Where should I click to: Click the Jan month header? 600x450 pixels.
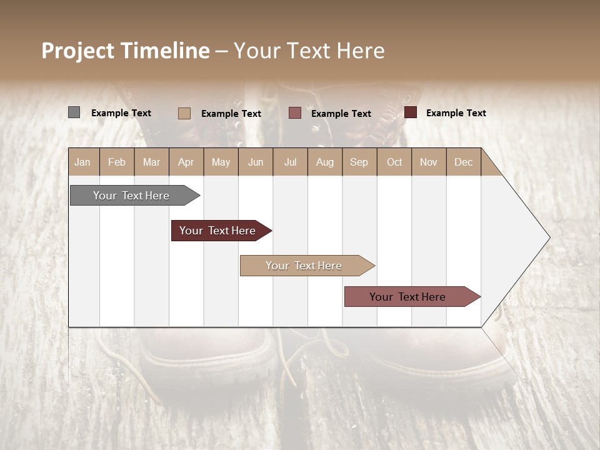point(83,162)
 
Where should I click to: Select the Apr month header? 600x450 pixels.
point(186,162)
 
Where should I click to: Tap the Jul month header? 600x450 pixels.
point(290,162)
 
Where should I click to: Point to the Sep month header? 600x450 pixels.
point(359,162)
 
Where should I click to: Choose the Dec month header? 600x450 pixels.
point(463,162)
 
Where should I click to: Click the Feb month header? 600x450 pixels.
point(117,162)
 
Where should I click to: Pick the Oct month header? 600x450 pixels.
point(394,162)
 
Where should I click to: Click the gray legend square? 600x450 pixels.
point(74,112)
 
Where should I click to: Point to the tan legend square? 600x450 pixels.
point(184,113)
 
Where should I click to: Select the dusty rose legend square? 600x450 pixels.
point(295,112)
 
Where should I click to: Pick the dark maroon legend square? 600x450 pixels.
point(410,112)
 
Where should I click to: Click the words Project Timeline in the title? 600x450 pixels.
point(126,51)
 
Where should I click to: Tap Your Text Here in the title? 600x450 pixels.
point(309,51)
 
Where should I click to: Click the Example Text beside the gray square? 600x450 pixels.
point(121,113)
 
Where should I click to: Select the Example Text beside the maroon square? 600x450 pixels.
point(456,113)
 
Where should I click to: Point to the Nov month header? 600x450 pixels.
point(429,162)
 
